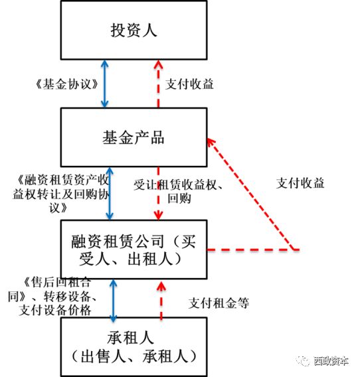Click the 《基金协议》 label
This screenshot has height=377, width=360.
pos(67,84)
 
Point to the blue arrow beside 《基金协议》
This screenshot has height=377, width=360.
pos(105,84)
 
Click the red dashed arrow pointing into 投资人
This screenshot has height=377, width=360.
pos(158,84)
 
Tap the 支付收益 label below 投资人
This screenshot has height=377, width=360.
pos(189,84)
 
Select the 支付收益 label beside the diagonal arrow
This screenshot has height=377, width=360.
pos(300,183)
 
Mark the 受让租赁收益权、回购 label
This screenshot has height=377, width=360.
pos(178,191)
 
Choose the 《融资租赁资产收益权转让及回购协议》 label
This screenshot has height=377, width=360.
pos(61,194)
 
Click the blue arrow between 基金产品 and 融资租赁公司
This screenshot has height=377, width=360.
pos(110,194)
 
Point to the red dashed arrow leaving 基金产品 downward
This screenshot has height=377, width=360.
pos(158,194)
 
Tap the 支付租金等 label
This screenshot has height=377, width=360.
pos(219,303)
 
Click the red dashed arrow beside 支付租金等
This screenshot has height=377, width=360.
pos(161,301)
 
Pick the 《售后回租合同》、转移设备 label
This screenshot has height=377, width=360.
pos(52,289)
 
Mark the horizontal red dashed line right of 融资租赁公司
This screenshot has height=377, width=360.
pos(253,250)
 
